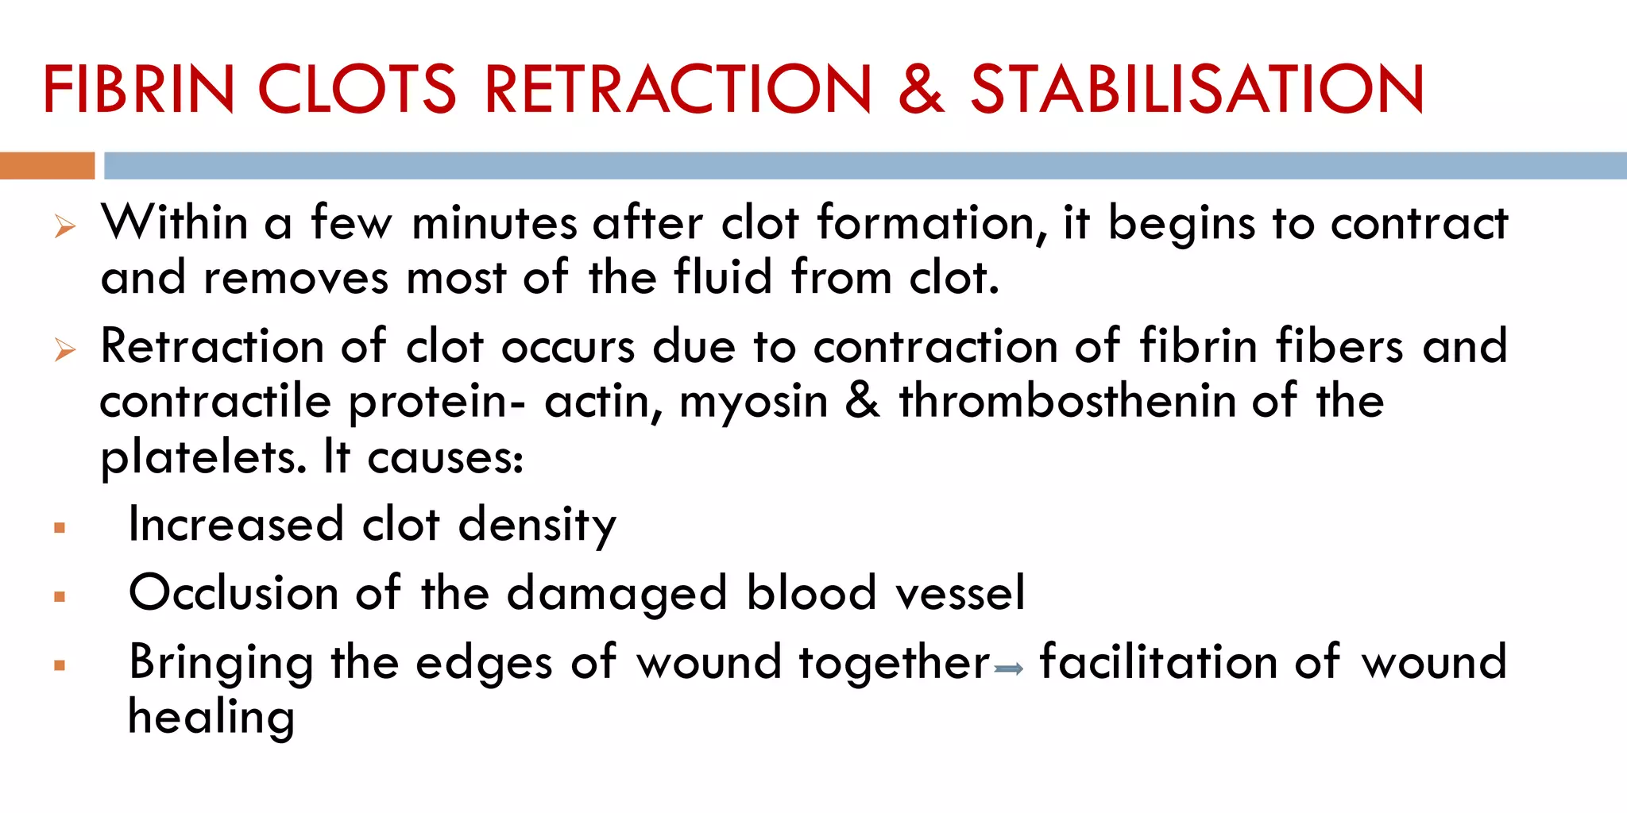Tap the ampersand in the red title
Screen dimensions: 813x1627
click(921, 89)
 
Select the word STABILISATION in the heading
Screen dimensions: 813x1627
click(1197, 89)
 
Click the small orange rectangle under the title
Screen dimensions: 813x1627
click(47, 166)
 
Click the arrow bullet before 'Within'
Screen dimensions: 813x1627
click(65, 228)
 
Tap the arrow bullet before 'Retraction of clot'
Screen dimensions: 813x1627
click(65, 350)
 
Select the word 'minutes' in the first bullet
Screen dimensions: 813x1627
click(494, 223)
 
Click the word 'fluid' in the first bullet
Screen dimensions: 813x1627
click(723, 278)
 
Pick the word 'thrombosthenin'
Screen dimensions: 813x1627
click(1067, 401)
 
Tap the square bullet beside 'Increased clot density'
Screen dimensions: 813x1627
click(60, 528)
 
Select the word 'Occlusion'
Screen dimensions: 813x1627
click(234, 594)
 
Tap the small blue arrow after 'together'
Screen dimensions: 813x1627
click(1009, 670)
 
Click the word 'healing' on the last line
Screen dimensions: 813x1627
click(211, 718)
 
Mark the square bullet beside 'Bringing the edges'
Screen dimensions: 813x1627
click(60, 665)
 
